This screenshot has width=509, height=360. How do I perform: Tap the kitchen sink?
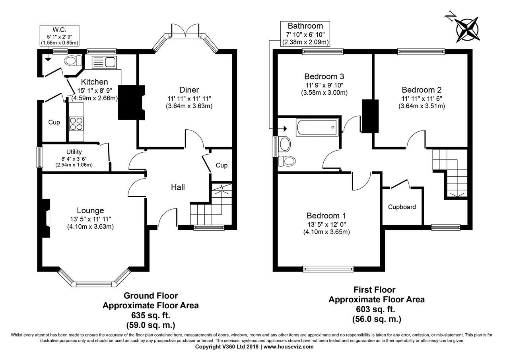(104, 62)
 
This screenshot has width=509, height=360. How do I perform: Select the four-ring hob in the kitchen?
(76, 124)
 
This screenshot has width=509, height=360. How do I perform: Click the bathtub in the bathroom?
(317, 127)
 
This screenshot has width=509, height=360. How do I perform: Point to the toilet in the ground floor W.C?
(73, 61)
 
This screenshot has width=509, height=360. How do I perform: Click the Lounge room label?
(90, 210)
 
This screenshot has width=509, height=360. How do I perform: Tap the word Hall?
(178, 187)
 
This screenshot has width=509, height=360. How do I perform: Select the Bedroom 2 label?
(422, 90)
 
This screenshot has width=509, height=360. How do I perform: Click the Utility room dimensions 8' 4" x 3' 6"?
(74, 159)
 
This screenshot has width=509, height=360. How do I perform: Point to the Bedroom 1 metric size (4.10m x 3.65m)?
(326, 232)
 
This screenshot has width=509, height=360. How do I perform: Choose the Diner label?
(189, 90)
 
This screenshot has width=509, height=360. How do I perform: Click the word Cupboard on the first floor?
(402, 207)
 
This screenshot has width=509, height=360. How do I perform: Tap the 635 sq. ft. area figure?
(151, 315)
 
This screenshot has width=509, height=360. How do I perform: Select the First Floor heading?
(375, 290)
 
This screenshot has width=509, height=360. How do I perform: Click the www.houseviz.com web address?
(288, 347)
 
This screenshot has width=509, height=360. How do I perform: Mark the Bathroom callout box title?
(305, 26)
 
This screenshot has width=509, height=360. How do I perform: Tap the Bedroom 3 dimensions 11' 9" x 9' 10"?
(324, 85)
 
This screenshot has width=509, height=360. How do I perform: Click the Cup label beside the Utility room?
(54, 122)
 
